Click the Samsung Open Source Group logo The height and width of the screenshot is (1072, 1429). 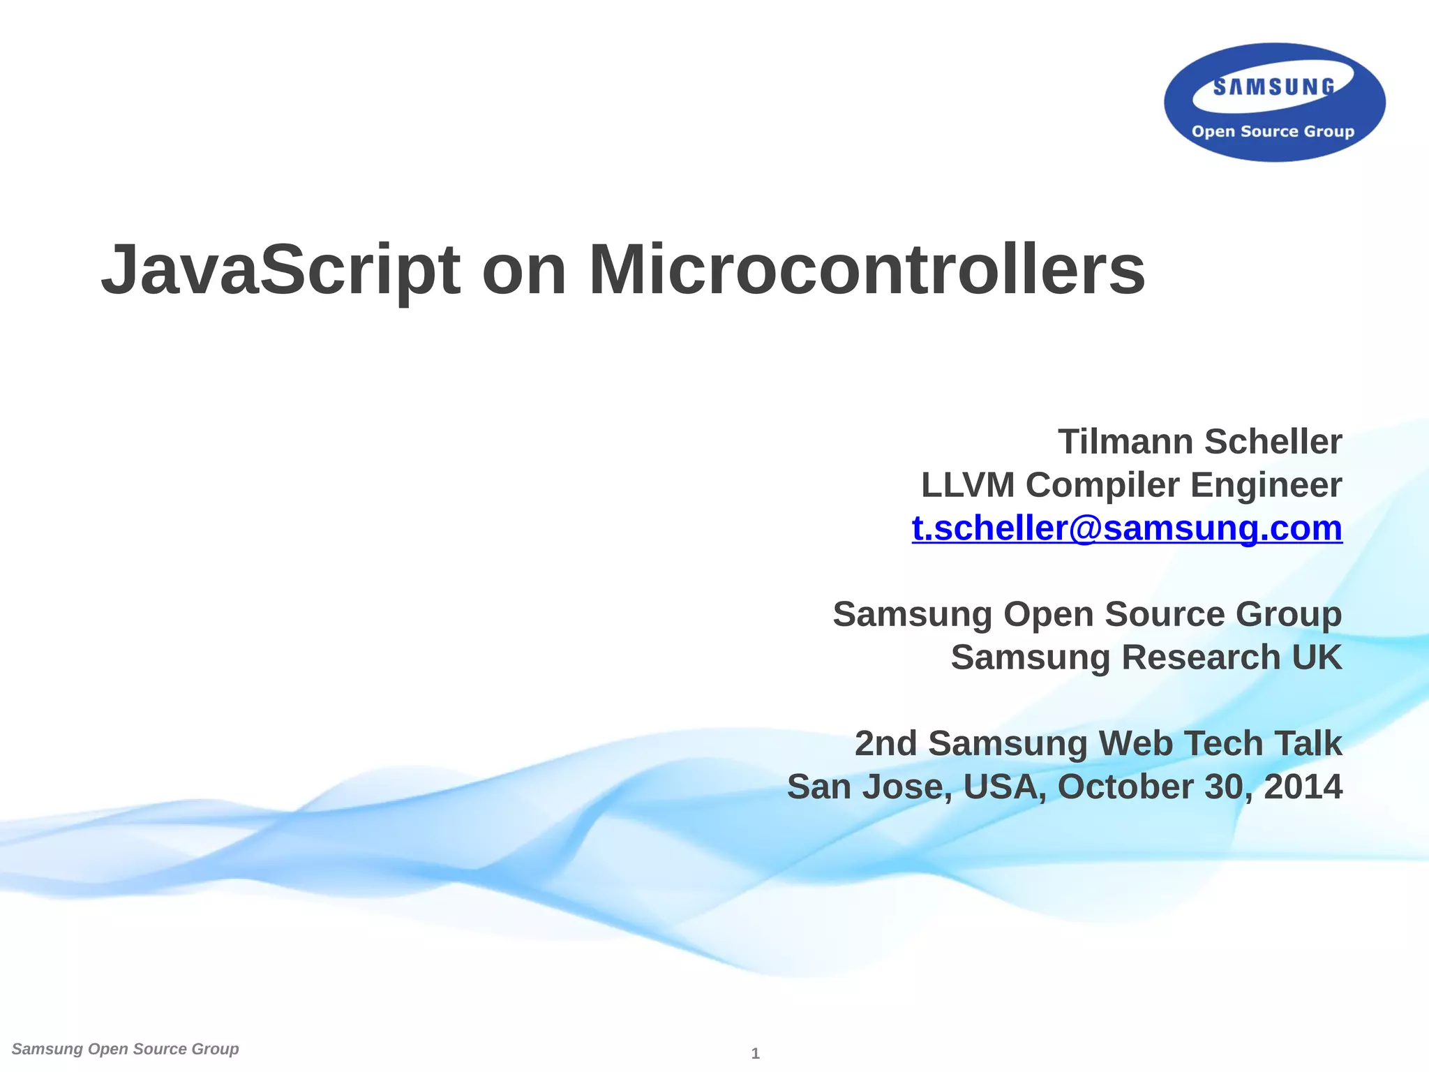(x=1274, y=103)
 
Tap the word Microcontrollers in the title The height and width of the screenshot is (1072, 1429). (x=867, y=271)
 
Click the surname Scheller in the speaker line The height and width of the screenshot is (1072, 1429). (x=1273, y=442)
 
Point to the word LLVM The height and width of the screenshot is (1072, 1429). (x=968, y=485)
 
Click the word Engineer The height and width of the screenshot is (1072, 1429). (x=1266, y=485)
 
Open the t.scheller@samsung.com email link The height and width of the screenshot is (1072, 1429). (x=1127, y=528)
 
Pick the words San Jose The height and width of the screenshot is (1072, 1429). (x=869, y=787)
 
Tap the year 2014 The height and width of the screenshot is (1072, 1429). (x=1303, y=787)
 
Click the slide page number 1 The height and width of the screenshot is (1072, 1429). (x=755, y=1054)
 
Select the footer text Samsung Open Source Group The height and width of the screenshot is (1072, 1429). (x=126, y=1049)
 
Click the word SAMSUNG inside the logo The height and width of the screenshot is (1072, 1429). (x=1273, y=87)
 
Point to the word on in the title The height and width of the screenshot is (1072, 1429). (x=524, y=271)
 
